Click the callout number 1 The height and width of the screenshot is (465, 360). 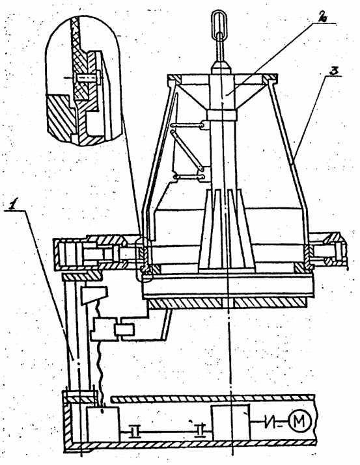coord(12,205)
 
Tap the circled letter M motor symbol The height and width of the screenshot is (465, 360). coord(300,421)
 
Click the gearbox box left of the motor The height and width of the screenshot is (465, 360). coord(230,422)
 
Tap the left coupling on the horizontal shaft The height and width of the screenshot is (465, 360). coord(135,431)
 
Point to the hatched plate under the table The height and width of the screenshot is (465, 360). coord(228,304)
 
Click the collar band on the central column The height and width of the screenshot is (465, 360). coord(222,115)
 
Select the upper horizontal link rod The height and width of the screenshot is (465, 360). coord(189,126)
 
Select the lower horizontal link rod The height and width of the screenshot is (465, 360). coord(189,178)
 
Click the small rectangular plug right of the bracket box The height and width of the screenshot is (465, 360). coord(125,330)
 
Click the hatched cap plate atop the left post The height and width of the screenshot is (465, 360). coord(81,276)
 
